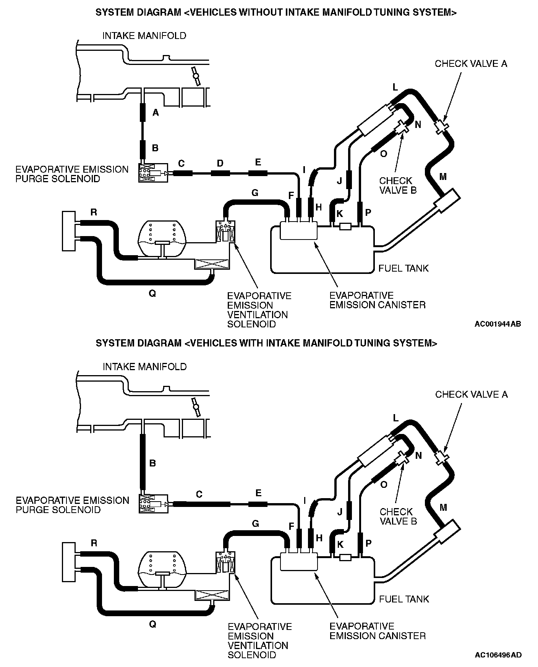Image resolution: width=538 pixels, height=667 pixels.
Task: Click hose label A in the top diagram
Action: pos(155,112)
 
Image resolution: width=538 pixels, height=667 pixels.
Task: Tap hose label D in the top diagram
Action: pos(220,164)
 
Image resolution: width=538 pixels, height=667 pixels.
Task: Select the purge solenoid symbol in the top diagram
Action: pos(153,173)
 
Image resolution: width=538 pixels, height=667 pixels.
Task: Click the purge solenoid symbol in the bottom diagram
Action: pos(153,504)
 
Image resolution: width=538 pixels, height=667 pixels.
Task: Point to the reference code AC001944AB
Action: pos(497,324)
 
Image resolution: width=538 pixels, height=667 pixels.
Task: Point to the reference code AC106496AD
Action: pos(498,655)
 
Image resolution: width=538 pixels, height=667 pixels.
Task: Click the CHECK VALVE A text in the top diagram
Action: pos(471,64)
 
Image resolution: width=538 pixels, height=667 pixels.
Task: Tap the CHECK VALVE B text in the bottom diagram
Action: pos(398,516)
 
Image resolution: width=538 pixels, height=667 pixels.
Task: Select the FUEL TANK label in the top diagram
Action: pos(403,268)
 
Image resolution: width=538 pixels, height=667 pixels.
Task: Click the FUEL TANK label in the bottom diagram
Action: pos(404,599)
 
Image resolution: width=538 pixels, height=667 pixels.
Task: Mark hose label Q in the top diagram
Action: pos(152,294)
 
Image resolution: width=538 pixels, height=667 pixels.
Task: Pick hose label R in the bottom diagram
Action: pos(94,543)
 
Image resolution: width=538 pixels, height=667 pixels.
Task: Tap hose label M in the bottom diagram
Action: pos(443,507)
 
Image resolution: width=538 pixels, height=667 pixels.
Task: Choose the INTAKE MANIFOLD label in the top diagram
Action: pos(144,36)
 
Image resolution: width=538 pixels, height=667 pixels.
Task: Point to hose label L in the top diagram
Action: pos(395,87)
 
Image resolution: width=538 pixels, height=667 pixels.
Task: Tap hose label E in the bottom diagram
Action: pos(258,493)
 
